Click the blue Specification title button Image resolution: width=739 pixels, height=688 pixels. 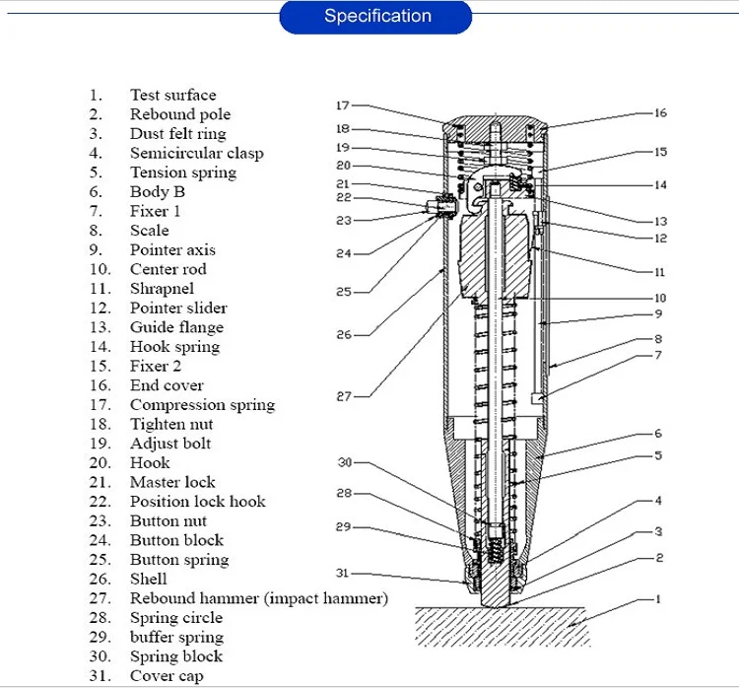[377, 17]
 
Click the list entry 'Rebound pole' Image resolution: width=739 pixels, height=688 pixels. [180, 114]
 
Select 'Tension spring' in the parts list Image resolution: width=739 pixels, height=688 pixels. [183, 172]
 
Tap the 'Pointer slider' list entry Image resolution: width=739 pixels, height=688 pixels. [178, 309]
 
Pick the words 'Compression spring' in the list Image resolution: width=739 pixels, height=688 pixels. [202, 405]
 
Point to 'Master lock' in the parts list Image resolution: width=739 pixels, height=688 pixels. [172, 482]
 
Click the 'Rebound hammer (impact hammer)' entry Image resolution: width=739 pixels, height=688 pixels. [259, 598]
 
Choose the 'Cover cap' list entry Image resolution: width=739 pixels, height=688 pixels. [168, 676]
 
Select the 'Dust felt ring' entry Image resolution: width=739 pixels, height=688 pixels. [177, 134]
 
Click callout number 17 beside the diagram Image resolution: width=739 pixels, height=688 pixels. [342, 105]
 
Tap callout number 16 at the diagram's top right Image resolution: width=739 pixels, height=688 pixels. [660, 113]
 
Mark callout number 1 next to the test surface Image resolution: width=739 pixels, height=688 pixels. [658, 599]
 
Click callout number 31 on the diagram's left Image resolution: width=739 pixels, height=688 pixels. [343, 574]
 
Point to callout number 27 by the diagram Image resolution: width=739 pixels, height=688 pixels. [343, 396]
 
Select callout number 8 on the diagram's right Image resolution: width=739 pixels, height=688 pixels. [659, 339]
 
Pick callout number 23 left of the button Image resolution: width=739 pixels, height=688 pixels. [343, 221]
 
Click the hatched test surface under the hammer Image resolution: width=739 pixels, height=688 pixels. [503, 628]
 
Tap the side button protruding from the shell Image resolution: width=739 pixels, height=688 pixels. [433, 206]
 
